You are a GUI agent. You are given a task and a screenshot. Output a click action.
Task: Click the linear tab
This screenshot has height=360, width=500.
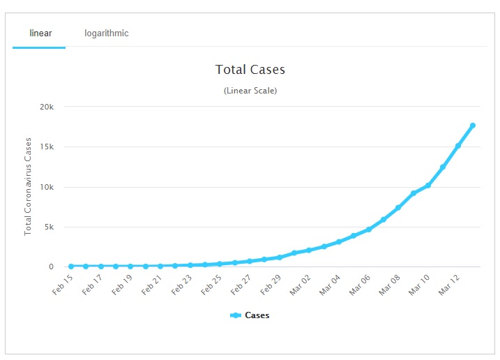tap(40, 33)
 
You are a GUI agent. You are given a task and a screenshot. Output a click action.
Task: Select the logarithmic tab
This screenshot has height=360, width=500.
tap(107, 33)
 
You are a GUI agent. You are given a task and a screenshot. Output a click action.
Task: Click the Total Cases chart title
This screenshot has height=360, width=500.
tap(250, 70)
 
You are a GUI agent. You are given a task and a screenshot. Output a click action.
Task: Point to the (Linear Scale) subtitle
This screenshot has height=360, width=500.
tap(250, 91)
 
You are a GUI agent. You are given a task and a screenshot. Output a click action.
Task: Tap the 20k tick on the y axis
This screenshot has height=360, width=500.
tap(47, 107)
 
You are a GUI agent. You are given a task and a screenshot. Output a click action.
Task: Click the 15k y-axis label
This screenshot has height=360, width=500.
tap(47, 147)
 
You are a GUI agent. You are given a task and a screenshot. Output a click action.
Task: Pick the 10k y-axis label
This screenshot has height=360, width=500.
tap(47, 187)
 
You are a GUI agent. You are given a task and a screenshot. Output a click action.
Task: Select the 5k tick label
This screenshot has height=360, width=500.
tap(49, 227)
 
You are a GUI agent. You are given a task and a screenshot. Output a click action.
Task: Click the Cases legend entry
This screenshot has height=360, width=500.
tap(250, 315)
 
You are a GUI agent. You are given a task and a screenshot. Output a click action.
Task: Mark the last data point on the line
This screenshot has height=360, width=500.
tap(473, 126)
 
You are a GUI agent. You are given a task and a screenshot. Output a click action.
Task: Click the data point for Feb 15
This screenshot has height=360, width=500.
tap(71, 267)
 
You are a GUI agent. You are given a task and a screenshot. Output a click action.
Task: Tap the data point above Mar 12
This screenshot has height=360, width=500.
tap(458, 146)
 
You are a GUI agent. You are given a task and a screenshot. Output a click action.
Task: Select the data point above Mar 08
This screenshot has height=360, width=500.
tap(398, 208)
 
